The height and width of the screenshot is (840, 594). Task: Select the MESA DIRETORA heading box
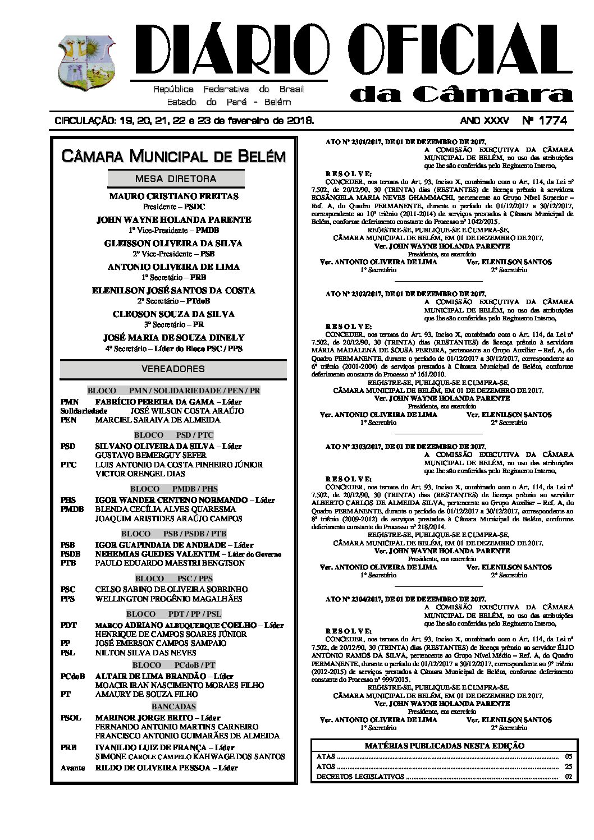[x=176, y=178]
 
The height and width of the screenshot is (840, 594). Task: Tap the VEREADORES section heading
[x=173, y=369]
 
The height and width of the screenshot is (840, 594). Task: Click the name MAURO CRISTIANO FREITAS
[x=173, y=196]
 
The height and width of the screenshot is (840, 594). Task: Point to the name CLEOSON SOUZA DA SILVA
[x=173, y=314]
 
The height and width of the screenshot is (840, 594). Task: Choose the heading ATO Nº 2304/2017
[x=405, y=599]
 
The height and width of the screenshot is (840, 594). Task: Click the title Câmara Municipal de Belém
[x=173, y=155]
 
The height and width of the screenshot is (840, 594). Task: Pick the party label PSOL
[x=71, y=718]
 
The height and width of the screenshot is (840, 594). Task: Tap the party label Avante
[x=72, y=768]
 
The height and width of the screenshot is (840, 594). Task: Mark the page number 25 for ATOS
[x=569, y=766]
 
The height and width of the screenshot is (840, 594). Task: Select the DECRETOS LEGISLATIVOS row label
[x=360, y=777]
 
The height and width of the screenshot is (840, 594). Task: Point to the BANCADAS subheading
[x=173, y=706]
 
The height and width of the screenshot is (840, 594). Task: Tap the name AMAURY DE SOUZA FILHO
[x=146, y=694]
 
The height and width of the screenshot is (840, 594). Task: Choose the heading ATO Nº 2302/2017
[x=405, y=293]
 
